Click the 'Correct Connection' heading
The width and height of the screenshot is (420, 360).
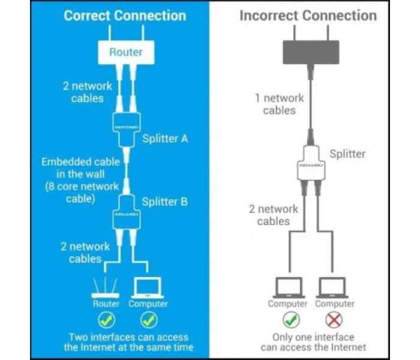[x=125, y=15]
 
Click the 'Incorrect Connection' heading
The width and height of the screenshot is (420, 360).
[x=308, y=15]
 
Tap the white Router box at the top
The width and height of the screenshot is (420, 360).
[x=126, y=52]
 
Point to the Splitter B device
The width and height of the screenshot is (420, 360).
[x=127, y=212]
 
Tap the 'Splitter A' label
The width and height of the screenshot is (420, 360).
[x=166, y=139]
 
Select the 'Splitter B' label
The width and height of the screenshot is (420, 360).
[x=165, y=201]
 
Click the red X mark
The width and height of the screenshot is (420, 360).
[x=334, y=320]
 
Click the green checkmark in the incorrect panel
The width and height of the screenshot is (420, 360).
[x=291, y=320]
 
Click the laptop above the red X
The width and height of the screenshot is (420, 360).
[x=334, y=289]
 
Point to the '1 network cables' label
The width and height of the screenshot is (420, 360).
[x=279, y=104]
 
